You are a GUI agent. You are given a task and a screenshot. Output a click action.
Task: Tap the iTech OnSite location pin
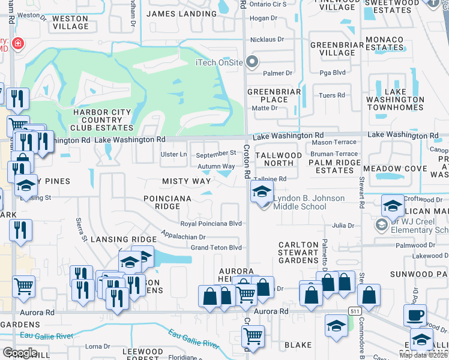253,62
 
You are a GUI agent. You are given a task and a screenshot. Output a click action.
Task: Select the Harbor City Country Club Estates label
103,120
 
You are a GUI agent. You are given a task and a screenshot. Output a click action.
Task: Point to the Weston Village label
70,22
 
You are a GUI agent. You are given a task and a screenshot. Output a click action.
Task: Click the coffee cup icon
414,315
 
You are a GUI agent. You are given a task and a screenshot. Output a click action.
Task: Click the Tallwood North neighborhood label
279,159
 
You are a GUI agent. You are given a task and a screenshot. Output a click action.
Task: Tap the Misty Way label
186,181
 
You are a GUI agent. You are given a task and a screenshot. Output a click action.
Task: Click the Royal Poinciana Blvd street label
211,224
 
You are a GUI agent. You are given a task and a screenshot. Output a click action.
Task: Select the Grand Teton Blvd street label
215,247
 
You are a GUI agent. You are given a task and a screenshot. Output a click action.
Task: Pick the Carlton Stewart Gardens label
298,253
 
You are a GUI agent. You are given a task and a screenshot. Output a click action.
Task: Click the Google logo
20,352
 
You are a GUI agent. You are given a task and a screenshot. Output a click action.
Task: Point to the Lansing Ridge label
115,239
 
